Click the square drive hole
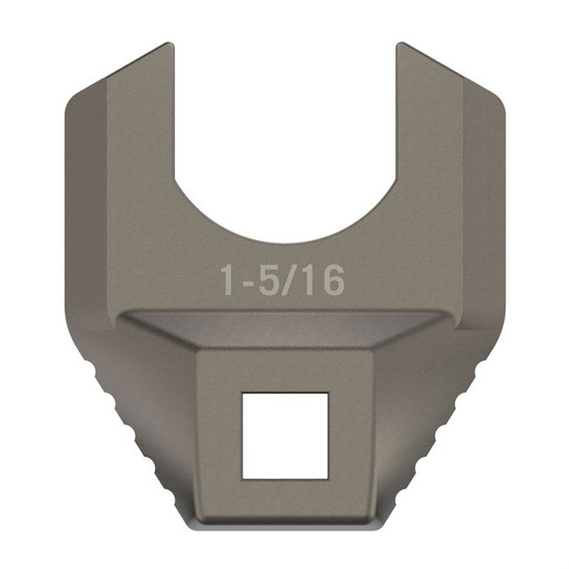point(284,435)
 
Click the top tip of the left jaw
point(166,46)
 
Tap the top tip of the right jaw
point(403,46)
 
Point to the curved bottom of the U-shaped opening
point(284,240)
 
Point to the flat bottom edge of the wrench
point(284,528)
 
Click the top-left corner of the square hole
point(243,394)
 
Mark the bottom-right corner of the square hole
point(327,477)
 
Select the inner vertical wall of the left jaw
point(172,114)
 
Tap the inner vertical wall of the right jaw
point(397,114)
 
